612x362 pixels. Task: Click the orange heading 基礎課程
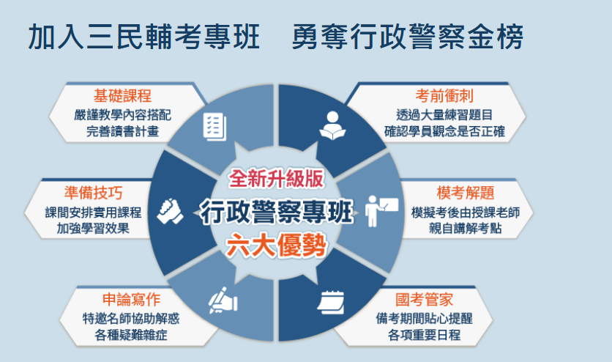[122, 97]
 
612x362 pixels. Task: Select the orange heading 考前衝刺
[445, 96]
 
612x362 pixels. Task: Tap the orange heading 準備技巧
[93, 193]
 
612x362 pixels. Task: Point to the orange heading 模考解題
[466, 193]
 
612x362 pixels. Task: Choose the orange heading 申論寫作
[131, 300]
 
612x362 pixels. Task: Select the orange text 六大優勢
[276, 245]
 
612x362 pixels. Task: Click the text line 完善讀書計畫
[122, 133]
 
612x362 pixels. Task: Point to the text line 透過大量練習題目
[445, 114]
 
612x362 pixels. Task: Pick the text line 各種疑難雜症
[131, 336]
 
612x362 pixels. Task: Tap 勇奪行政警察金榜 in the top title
[407, 37]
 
